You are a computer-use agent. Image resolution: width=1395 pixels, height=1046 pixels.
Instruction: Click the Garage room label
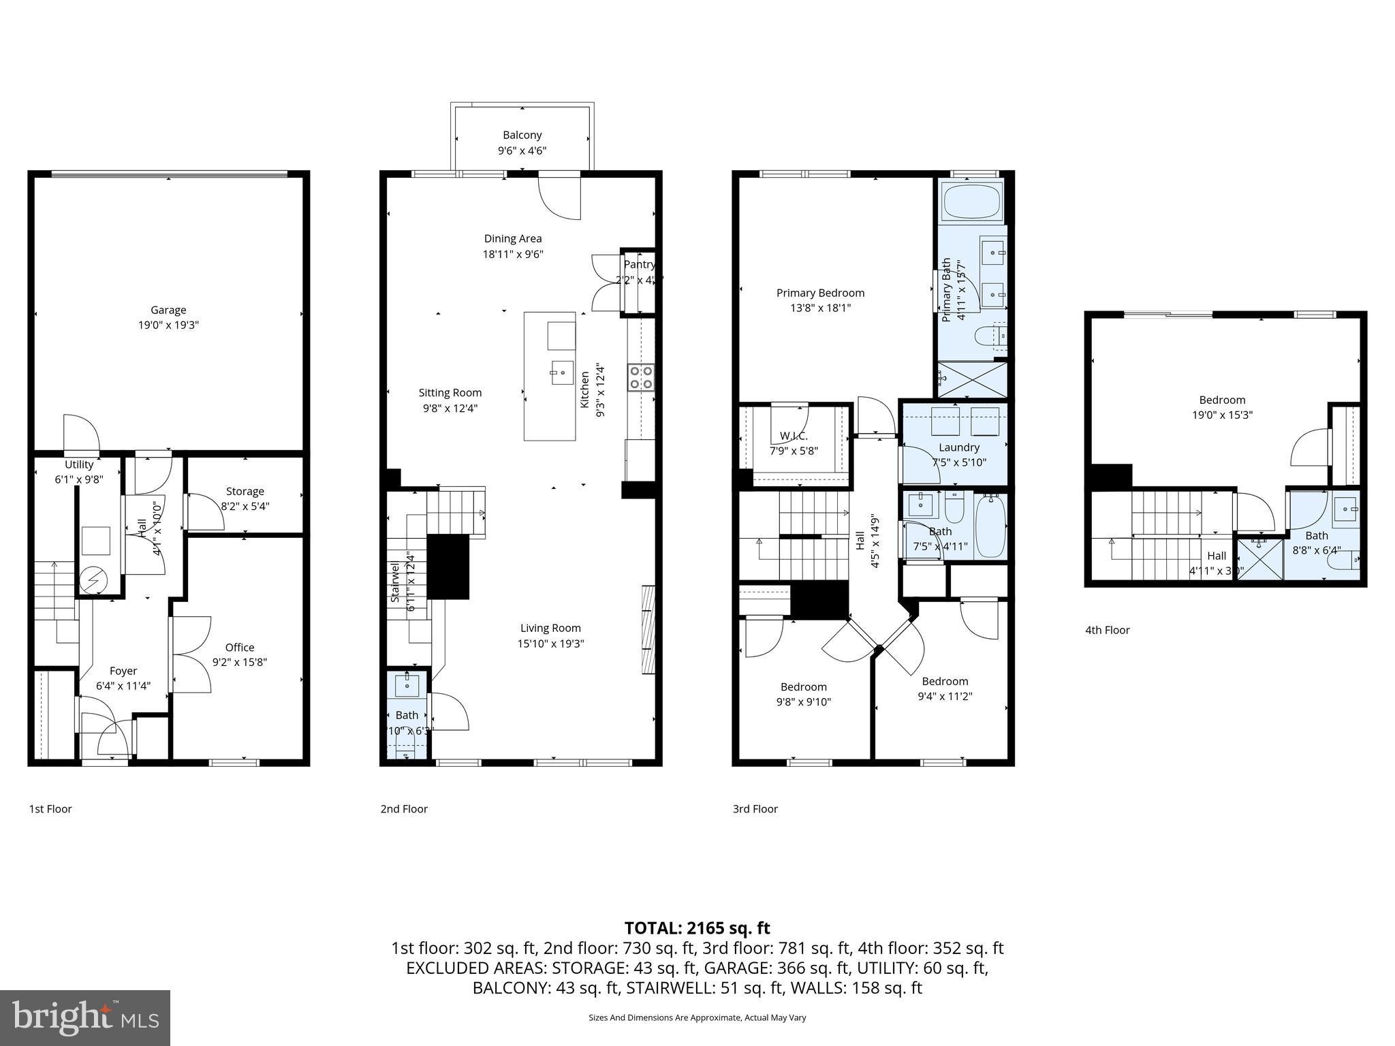(x=168, y=310)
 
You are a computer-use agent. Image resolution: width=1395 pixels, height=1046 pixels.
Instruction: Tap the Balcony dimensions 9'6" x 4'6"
(x=522, y=150)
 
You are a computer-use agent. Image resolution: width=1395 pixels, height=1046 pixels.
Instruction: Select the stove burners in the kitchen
(x=640, y=378)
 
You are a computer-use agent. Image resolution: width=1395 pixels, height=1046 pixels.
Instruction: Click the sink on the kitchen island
(x=563, y=373)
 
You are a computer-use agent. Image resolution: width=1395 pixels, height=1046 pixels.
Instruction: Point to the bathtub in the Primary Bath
(x=971, y=202)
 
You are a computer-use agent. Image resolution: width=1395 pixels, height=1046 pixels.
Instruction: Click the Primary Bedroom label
(x=820, y=293)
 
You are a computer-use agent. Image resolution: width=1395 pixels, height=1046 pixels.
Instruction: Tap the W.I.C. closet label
(x=794, y=436)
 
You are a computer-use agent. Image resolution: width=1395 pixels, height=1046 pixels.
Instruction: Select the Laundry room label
(x=958, y=447)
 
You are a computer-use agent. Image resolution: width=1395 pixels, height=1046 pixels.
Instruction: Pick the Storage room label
(x=245, y=491)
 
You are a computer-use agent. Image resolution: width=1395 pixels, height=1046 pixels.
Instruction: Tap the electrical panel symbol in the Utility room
(x=93, y=580)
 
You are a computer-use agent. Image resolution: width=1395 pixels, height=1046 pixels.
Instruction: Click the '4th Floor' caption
(x=1107, y=630)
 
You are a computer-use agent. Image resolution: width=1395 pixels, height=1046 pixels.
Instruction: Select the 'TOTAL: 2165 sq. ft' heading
(x=697, y=928)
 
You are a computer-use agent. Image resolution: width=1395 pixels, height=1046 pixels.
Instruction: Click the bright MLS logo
(x=85, y=1018)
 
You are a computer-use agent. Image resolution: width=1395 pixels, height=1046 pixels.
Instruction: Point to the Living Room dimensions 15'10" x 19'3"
(x=550, y=644)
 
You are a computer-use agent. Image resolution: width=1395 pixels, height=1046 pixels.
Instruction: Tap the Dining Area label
(x=513, y=238)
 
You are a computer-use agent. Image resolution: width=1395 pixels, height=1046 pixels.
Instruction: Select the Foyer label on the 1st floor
(x=123, y=671)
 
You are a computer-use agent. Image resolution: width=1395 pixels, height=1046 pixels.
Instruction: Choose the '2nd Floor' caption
(x=404, y=809)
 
